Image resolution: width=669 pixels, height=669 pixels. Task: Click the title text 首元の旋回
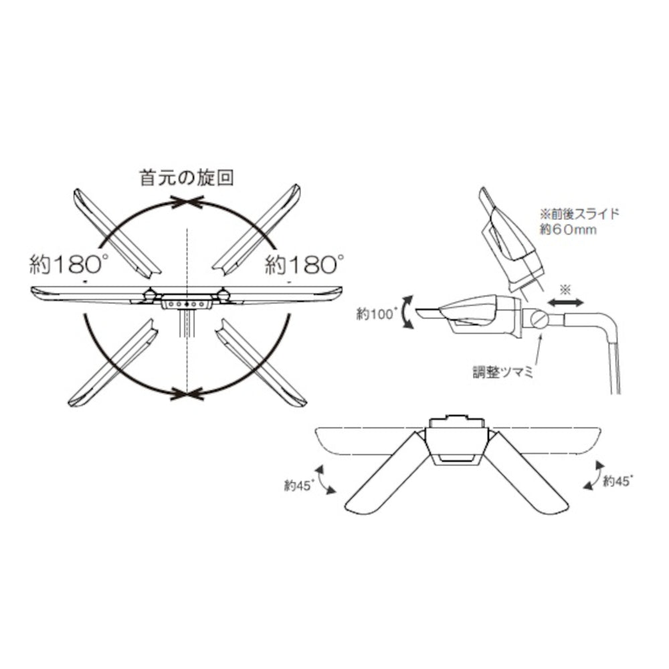(x=187, y=178)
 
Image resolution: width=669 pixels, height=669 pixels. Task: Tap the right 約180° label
(x=304, y=264)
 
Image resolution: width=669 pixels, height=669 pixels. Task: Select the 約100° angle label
(x=377, y=314)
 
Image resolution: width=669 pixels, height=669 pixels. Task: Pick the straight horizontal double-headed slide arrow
(x=566, y=303)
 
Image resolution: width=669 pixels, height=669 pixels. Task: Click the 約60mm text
(x=568, y=229)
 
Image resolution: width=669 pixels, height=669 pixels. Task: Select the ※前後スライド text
(x=579, y=213)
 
